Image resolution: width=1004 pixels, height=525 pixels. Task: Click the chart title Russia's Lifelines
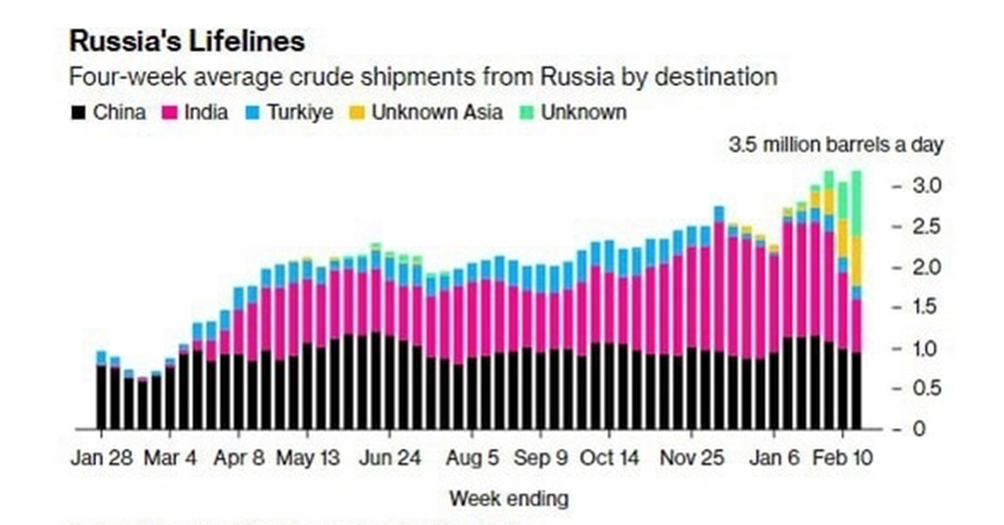pos(187,41)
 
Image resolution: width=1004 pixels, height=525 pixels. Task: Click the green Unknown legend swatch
pos(525,112)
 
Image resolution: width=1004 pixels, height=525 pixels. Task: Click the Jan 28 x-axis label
pos(101,459)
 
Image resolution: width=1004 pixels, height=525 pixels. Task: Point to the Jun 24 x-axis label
pos(390,459)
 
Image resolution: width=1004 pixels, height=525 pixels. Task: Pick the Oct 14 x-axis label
pos(609,459)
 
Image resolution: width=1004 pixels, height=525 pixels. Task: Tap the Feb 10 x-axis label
pos(842,459)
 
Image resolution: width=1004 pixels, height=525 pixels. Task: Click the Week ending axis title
pos(509,499)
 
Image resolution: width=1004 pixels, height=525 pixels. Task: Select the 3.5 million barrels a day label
pos(836,145)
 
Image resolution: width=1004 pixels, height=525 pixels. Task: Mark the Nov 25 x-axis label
pos(692,459)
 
